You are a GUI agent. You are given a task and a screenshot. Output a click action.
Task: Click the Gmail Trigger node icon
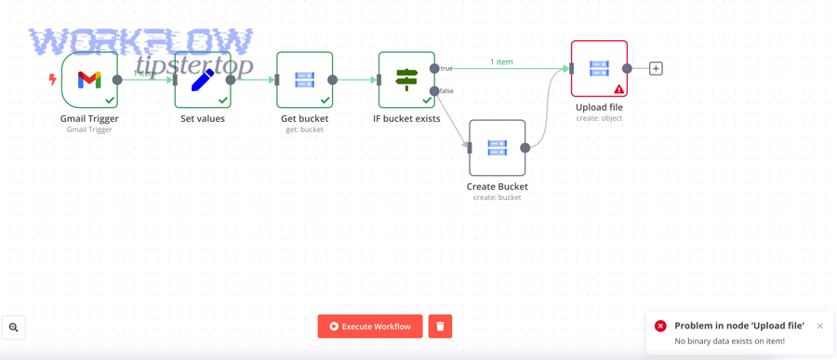pyautogui.click(x=89, y=80)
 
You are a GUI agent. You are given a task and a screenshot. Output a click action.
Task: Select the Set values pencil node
pyautogui.click(x=203, y=80)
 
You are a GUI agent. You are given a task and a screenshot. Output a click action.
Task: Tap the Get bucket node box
pyautogui.click(x=305, y=80)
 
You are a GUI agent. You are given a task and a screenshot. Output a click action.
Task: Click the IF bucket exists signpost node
pyautogui.click(x=406, y=80)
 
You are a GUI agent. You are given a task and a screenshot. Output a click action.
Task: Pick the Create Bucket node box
pyautogui.click(x=497, y=148)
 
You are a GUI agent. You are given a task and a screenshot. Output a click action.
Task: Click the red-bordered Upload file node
pyautogui.click(x=599, y=68)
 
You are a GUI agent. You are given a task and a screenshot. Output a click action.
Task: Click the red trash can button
pyautogui.click(x=440, y=327)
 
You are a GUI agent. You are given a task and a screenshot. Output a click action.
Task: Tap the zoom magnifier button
pyautogui.click(x=13, y=327)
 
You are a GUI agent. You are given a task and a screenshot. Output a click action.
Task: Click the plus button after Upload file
pyautogui.click(x=656, y=68)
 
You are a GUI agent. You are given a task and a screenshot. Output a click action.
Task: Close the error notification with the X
pyautogui.click(x=820, y=326)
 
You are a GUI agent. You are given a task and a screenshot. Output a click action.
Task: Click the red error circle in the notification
pyautogui.click(x=660, y=326)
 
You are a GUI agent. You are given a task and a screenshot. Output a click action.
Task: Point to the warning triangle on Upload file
pyautogui.click(x=618, y=88)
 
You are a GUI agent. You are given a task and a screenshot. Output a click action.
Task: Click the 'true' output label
pyautogui.click(x=446, y=68)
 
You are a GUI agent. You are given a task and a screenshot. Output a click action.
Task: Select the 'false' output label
pyautogui.click(x=446, y=91)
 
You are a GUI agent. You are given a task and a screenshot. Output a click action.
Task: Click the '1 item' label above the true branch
pyautogui.click(x=501, y=62)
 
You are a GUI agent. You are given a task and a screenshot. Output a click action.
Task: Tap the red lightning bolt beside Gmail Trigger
pyautogui.click(x=52, y=80)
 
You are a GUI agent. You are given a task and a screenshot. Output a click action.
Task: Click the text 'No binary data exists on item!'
pyautogui.click(x=730, y=340)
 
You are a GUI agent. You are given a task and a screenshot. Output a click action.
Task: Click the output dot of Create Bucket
pyautogui.click(x=525, y=148)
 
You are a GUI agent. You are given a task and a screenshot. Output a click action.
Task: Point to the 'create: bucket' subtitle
pyautogui.click(x=497, y=197)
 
